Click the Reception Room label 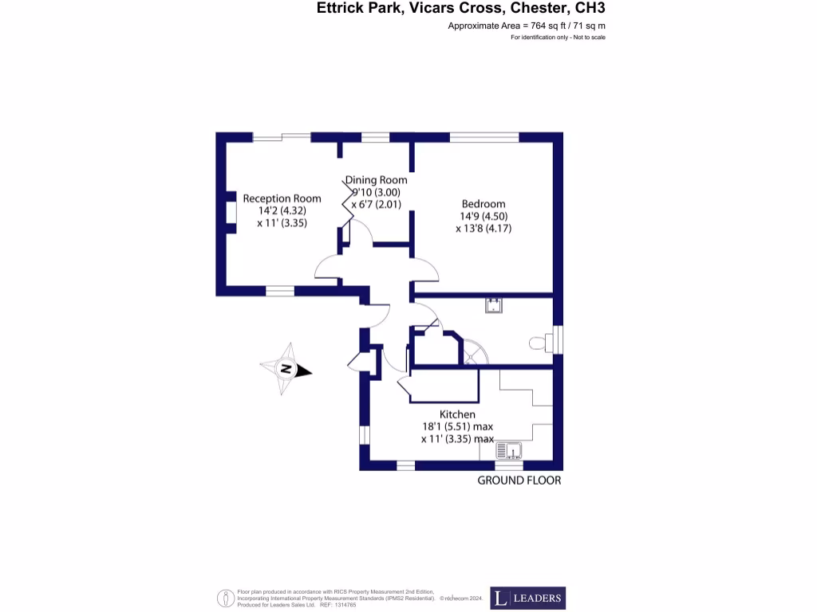(x=282, y=198)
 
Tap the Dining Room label (x=377, y=180)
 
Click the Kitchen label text (x=457, y=414)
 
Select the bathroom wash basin (x=495, y=304)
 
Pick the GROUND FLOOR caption (x=519, y=481)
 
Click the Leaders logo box (x=527, y=598)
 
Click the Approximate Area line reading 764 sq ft (x=527, y=27)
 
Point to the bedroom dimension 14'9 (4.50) (x=482, y=216)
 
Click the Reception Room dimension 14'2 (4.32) (x=282, y=211)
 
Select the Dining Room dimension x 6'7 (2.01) (x=376, y=204)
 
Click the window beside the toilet (x=558, y=339)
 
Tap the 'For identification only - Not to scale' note (x=558, y=38)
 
